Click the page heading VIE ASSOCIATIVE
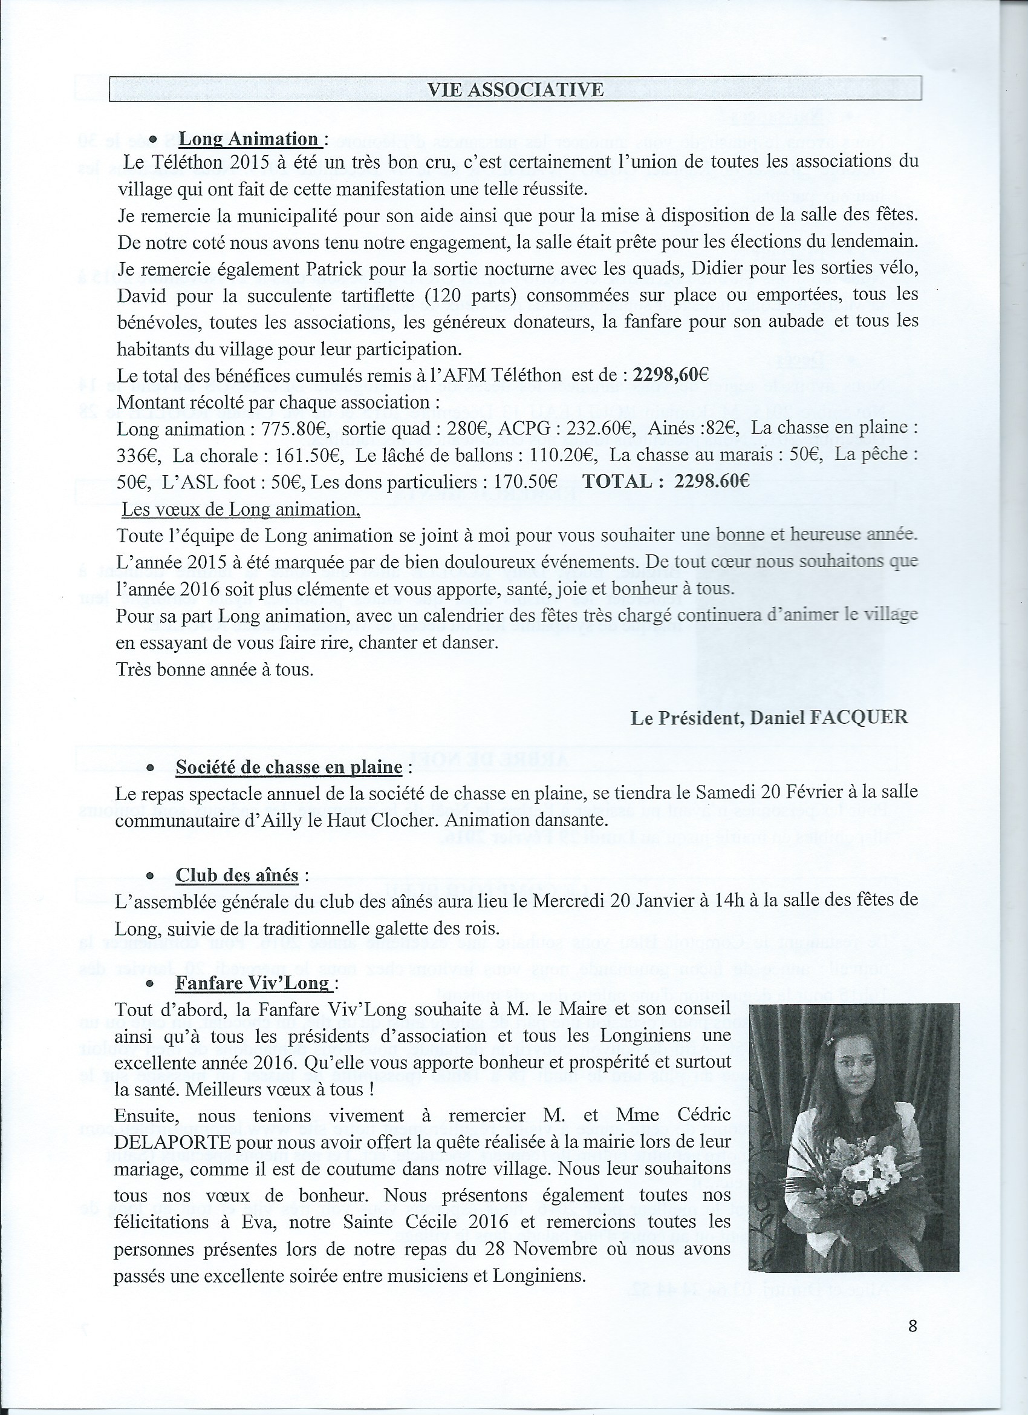tap(515, 89)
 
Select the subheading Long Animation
tap(248, 139)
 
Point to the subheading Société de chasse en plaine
tap(288, 767)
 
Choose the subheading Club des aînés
tap(237, 875)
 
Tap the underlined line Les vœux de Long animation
tap(241, 509)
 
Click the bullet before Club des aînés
tap(149, 876)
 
